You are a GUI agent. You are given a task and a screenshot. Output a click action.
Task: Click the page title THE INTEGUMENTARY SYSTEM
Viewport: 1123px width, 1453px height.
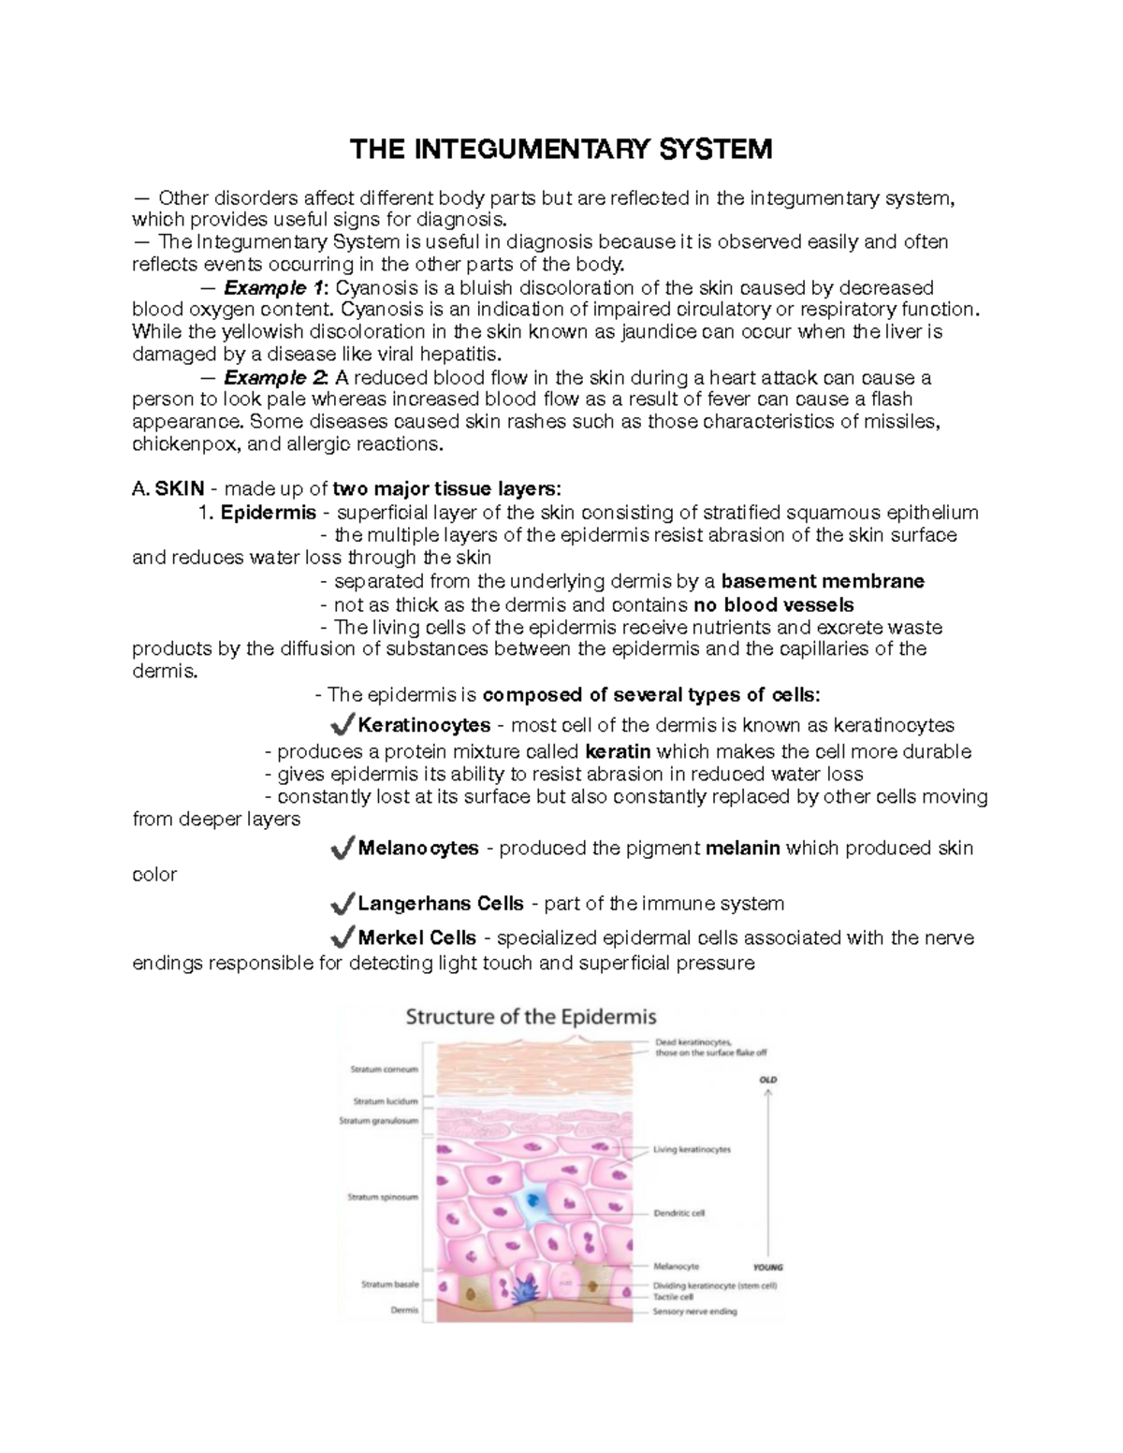coord(561,149)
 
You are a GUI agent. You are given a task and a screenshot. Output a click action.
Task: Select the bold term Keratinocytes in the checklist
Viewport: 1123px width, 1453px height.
coord(424,725)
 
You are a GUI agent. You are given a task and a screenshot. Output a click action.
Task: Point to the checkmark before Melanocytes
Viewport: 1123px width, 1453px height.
coord(343,848)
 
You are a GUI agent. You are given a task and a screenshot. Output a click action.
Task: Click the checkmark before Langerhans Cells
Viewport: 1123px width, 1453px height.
coord(343,903)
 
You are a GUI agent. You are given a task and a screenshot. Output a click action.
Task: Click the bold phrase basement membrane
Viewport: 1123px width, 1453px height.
coord(824,581)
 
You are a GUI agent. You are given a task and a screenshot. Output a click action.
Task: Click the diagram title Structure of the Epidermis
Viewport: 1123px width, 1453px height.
coord(531,1017)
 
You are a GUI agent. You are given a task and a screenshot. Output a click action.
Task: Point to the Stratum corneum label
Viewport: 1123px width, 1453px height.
coord(384,1069)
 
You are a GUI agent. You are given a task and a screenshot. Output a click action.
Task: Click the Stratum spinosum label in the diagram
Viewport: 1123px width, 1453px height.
coord(384,1197)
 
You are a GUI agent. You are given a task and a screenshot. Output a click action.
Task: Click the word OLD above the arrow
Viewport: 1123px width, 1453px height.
coord(768,1080)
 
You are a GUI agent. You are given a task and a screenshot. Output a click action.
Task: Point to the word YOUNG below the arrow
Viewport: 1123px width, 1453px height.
coord(767,1268)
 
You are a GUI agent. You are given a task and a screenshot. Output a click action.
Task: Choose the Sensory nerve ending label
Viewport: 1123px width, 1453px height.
coord(694,1312)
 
